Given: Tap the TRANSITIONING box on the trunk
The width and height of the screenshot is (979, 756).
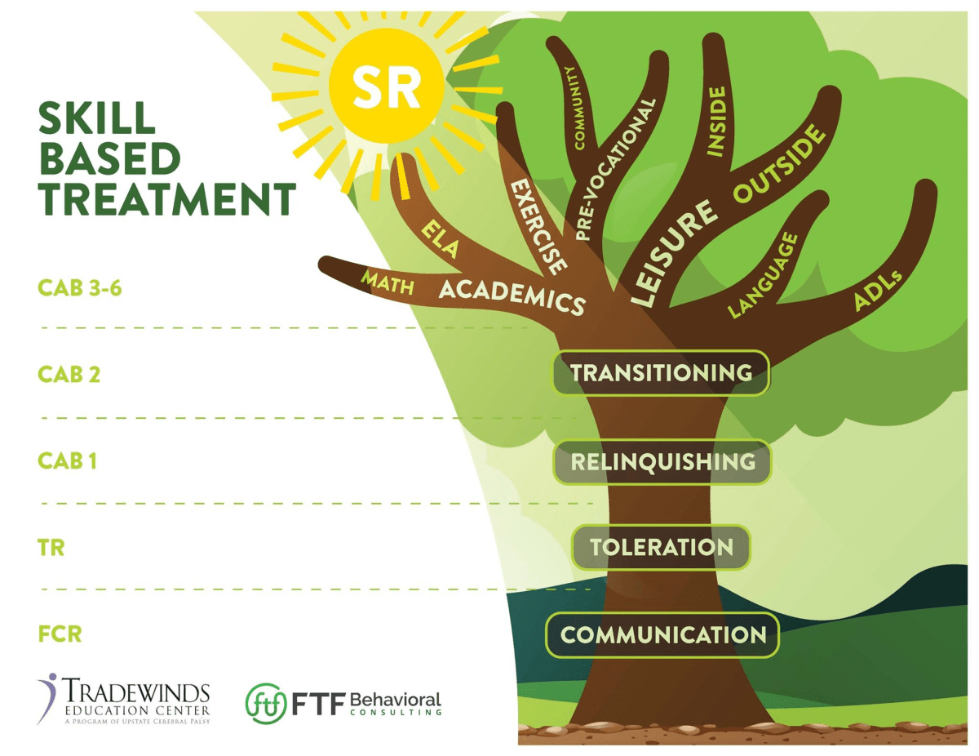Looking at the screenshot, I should (661, 373).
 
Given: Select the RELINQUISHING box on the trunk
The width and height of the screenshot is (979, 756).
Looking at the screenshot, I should (662, 462).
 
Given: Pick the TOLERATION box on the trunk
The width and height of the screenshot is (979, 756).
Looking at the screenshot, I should (661, 547).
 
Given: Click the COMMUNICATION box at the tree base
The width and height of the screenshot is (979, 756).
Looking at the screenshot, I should (662, 634).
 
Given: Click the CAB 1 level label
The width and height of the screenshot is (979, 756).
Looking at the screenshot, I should (68, 460).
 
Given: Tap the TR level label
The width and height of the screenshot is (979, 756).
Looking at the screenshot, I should (51, 547).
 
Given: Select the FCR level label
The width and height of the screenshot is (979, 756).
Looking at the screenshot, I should (60, 634).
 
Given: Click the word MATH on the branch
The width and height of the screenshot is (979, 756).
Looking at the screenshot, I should (388, 283).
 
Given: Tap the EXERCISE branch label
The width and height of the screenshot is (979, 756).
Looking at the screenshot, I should (538, 226).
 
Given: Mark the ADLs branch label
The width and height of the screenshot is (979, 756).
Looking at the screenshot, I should (878, 291).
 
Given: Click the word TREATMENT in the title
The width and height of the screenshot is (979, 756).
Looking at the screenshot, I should (167, 199).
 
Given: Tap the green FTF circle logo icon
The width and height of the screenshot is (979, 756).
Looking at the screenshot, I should (266, 703).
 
